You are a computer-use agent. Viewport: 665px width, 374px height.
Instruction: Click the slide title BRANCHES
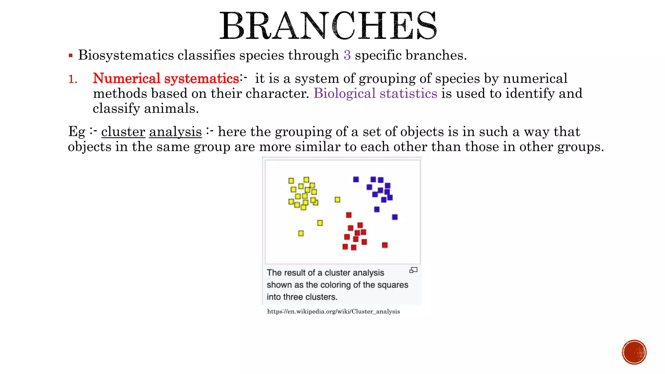(x=328, y=26)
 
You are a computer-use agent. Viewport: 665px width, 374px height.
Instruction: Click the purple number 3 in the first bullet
(x=347, y=55)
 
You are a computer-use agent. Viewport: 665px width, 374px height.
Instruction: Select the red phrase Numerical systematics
(x=166, y=79)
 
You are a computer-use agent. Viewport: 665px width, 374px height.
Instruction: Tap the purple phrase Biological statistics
(x=375, y=93)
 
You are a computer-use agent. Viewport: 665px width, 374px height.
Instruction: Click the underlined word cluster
(x=123, y=132)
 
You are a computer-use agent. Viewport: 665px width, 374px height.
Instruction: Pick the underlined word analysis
(x=175, y=132)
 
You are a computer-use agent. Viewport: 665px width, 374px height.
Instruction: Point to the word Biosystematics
(x=126, y=55)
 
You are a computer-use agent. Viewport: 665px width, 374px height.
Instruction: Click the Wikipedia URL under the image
(x=333, y=312)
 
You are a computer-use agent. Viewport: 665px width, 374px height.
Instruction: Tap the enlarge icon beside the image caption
(x=413, y=270)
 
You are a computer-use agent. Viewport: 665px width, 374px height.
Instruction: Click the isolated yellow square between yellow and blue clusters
(x=337, y=200)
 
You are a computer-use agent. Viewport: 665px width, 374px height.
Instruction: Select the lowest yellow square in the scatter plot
(x=301, y=233)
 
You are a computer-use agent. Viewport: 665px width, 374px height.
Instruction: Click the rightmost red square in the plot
(x=385, y=245)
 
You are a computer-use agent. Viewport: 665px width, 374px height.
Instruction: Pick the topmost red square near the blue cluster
(x=349, y=215)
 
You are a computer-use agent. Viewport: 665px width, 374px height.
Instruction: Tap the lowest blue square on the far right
(x=395, y=217)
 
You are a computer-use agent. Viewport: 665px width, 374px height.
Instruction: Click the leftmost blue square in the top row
(x=356, y=179)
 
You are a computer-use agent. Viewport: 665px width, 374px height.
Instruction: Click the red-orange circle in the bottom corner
(x=634, y=352)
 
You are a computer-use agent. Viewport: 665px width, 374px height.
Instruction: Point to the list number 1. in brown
(x=73, y=79)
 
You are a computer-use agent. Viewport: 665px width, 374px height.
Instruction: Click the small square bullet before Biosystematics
(x=70, y=56)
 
